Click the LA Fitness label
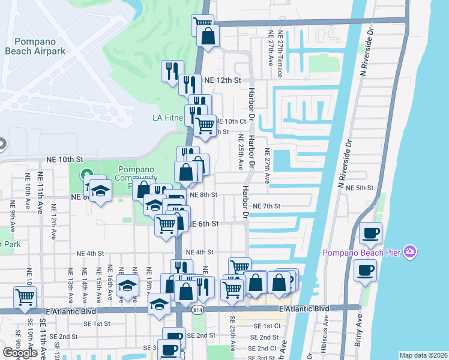coord(169,118)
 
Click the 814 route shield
coord(197,310)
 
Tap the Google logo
coord(20,353)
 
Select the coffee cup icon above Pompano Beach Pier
coord(370,232)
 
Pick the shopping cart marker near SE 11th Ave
coord(25,297)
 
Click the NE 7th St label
coord(267,206)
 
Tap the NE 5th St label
coord(360,188)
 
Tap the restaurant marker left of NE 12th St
coord(172,71)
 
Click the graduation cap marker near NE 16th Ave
coord(127,287)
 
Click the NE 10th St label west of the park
coord(64,159)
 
